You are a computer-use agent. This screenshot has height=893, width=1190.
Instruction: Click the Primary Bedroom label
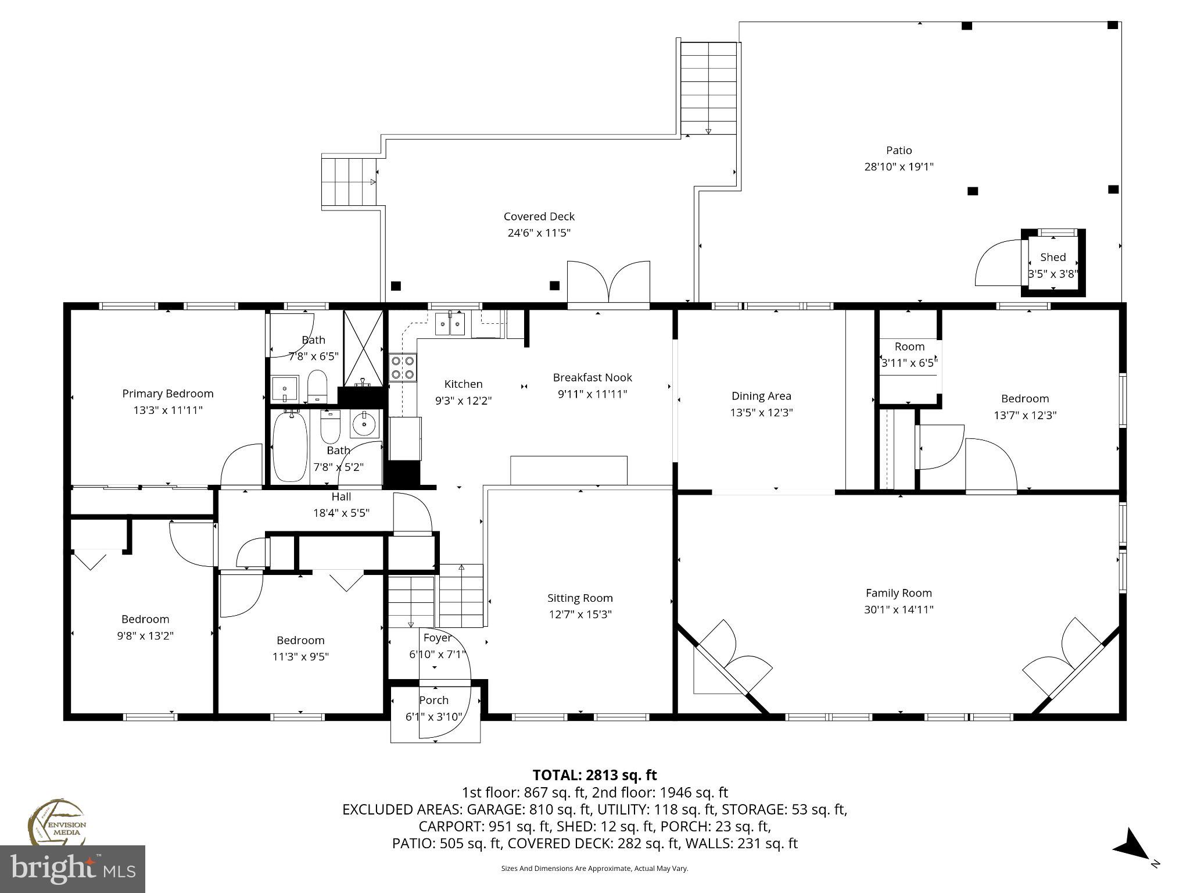tap(168, 394)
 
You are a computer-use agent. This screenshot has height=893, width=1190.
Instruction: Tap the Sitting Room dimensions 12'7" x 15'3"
tap(579, 615)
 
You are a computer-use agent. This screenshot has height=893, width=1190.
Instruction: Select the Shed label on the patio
tap(1053, 257)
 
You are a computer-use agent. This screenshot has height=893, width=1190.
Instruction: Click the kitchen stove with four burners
tap(403, 367)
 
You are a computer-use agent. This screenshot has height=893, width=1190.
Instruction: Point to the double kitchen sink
tap(450, 323)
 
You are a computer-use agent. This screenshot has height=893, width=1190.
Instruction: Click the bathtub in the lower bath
tap(289, 446)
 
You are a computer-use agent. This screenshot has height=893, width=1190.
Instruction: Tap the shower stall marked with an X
tap(363, 348)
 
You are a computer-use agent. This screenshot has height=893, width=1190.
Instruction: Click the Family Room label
tap(898, 593)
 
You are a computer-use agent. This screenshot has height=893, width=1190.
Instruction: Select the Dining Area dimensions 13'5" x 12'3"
tap(761, 413)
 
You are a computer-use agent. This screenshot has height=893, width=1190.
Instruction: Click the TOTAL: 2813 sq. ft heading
tap(594, 775)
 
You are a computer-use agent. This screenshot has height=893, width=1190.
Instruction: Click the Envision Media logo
tap(57, 821)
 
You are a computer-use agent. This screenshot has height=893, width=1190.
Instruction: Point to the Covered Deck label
tap(539, 216)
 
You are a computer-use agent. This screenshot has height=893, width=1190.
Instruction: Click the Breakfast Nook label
tap(592, 377)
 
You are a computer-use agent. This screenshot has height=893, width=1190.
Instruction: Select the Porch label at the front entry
tap(433, 700)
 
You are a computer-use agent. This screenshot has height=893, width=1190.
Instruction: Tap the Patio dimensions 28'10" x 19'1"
tap(898, 167)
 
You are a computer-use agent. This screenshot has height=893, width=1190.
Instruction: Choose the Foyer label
tap(437, 638)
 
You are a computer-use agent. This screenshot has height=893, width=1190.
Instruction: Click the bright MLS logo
tap(73, 869)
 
